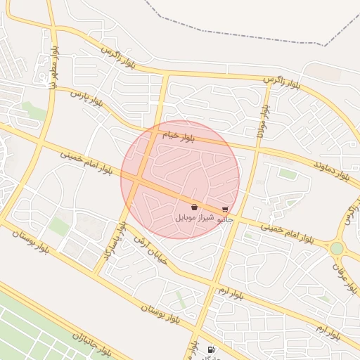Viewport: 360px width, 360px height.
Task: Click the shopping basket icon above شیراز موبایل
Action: tap(194, 207)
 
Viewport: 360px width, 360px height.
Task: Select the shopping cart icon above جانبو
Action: tap(225, 210)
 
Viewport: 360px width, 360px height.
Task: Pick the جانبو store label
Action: tap(225, 220)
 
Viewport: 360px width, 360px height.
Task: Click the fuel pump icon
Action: tap(210, 349)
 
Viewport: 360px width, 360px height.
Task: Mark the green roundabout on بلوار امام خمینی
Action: tap(337, 248)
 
